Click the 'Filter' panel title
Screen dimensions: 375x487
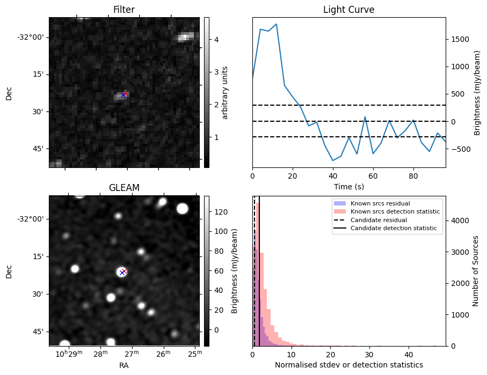pyautogui.click(x=123, y=10)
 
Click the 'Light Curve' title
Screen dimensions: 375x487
pyautogui.click(x=348, y=10)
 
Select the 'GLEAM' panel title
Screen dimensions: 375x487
pyautogui.click(x=123, y=188)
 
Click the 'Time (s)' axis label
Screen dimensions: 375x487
pyautogui.click(x=348, y=186)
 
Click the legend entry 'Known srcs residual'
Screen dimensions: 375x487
pyautogui.click(x=380, y=203)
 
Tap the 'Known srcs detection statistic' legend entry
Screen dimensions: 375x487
pyautogui.click(x=395, y=211)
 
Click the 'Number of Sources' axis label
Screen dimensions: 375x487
pyautogui.click(x=476, y=271)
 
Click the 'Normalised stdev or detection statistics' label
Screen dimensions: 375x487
pyautogui.click(x=348, y=365)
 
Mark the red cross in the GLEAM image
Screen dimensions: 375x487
pyautogui.click(x=124, y=271)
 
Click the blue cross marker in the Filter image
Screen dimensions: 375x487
pyautogui.click(x=123, y=95)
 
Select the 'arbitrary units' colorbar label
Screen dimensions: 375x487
pyautogui.click(x=226, y=92)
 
